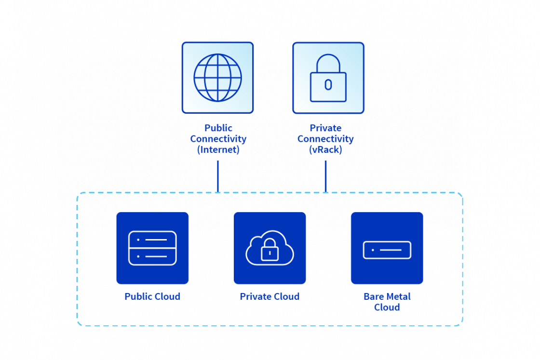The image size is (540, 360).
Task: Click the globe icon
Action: click(217, 78)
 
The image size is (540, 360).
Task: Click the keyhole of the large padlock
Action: click(328, 85)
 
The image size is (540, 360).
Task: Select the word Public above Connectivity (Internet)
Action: click(218, 128)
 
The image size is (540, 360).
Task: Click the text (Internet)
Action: click(218, 150)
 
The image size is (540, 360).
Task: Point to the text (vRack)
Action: click(325, 150)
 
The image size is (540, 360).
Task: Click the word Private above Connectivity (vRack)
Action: click(325, 128)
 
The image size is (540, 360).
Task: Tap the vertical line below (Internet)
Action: click(217, 176)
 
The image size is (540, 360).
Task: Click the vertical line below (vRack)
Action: click(325, 176)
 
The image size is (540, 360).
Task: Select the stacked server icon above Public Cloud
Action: click(152, 248)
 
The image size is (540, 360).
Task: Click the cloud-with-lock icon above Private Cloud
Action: click(270, 248)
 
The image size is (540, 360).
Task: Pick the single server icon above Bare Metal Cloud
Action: click(387, 250)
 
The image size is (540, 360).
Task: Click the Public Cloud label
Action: click(152, 297)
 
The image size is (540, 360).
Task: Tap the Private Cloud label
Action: click(270, 297)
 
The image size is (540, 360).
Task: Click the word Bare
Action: click(374, 297)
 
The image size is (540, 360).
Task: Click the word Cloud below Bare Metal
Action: click(387, 307)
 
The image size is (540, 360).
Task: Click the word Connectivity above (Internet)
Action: click(218, 139)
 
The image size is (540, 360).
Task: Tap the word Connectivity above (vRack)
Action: click(325, 139)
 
